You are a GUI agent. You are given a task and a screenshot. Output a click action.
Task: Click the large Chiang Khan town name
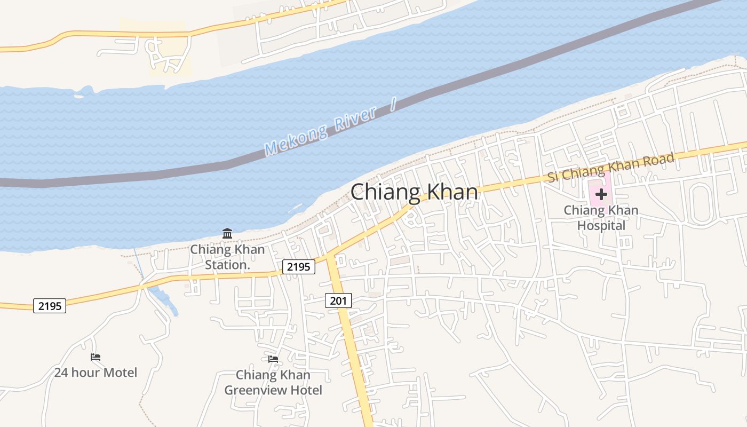tap(414, 192)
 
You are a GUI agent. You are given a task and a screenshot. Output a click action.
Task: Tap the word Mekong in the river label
tap(296, 139)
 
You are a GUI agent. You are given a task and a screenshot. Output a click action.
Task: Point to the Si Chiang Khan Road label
tap(611, 167)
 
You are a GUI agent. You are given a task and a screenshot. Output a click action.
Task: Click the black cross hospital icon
tap(601, 194)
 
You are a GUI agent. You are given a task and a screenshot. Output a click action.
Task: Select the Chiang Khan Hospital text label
tap(601, 218)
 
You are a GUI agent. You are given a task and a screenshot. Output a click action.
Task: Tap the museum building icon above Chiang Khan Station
tap(227, 233)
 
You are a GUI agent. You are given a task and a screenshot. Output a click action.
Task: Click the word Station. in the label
tap(228, 264)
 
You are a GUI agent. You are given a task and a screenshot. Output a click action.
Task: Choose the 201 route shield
tap(338, 301)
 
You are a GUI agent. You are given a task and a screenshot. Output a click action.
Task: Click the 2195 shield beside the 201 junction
tap(298, 266)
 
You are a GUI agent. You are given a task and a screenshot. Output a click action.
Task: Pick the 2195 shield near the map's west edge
tap(50, 306)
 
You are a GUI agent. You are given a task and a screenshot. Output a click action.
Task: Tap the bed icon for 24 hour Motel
tap(96, 357)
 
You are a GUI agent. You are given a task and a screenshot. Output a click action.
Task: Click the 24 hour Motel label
tap(96, 373)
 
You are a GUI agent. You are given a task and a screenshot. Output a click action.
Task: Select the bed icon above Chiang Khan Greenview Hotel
tap(273, 359)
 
